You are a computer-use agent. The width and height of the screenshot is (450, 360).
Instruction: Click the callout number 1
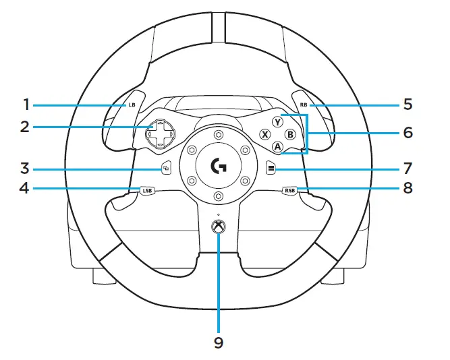(26, 105)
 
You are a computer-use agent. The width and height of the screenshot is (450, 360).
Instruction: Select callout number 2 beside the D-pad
(26, 127)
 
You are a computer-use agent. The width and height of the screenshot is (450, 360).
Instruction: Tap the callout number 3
(26, 167)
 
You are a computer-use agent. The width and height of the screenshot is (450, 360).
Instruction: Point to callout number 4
(26, 189)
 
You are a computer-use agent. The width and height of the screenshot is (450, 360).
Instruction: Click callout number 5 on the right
(407, 105)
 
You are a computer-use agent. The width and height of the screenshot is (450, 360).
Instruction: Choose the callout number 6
(407, 133)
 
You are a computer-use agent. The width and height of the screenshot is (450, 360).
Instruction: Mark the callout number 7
(407, 167)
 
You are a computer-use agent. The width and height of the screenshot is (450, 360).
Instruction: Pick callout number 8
(407, 189)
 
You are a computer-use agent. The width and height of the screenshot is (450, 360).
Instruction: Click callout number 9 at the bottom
(218, 343)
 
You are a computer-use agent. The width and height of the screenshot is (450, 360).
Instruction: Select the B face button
(290, 135)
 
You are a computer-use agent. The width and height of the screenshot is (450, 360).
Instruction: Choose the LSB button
(147, 190)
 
